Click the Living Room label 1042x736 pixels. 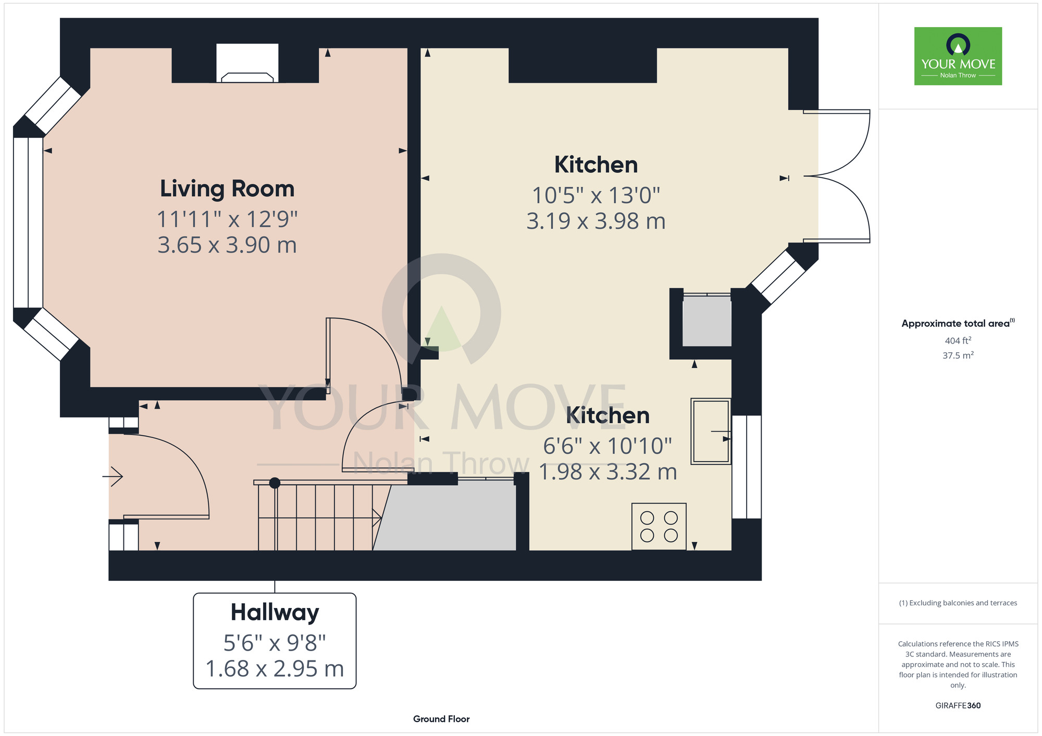point(227,188)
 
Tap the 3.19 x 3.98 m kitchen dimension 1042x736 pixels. point(596,221)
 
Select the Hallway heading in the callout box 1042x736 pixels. point(275,613)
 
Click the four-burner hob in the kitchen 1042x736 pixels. point(659,526)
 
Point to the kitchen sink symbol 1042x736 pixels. point(711,431)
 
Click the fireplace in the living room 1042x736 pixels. point(247,63)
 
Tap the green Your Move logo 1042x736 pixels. point(958,56)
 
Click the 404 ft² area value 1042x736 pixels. point(958,340)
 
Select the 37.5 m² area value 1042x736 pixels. point(958,356)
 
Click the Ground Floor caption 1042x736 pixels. point(441,719)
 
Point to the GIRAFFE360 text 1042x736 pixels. point(958,706)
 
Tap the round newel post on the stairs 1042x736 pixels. point(275,483)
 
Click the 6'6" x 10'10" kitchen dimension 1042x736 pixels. point(607,446)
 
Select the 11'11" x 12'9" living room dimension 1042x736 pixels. point(227,219)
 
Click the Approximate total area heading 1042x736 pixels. point(958,323)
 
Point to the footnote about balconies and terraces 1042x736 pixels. point(958,603)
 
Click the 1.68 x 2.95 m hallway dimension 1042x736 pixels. point(275,669)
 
